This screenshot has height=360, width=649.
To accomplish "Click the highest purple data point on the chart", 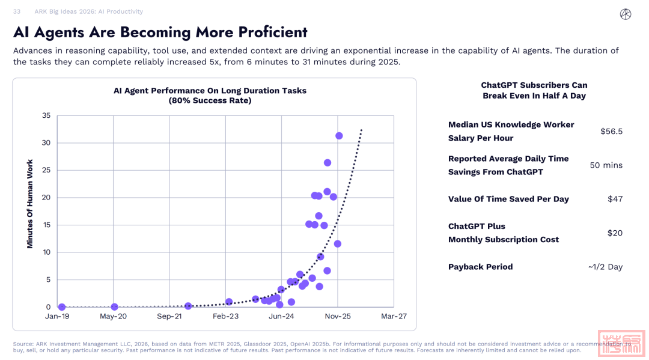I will point(339,136).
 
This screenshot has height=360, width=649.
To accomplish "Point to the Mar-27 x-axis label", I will point(394,316).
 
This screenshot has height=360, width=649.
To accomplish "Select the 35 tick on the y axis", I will point(45,115).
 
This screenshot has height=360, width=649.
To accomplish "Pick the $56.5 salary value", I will point(611,131).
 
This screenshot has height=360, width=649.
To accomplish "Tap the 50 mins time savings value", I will point(606,165).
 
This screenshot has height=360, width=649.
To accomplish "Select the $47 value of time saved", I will point(615,199).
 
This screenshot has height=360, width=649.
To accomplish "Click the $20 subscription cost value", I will point(615,233).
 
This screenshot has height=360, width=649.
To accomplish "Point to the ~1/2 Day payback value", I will point(605,267).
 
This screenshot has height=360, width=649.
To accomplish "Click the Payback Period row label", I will point(480,267).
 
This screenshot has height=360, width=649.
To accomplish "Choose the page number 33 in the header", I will point(17,11).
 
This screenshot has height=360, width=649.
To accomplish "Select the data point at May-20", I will point(114,307).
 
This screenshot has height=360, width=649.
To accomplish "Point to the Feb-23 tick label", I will point(225,316).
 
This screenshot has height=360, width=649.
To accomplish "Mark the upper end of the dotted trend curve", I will point(361,129).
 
